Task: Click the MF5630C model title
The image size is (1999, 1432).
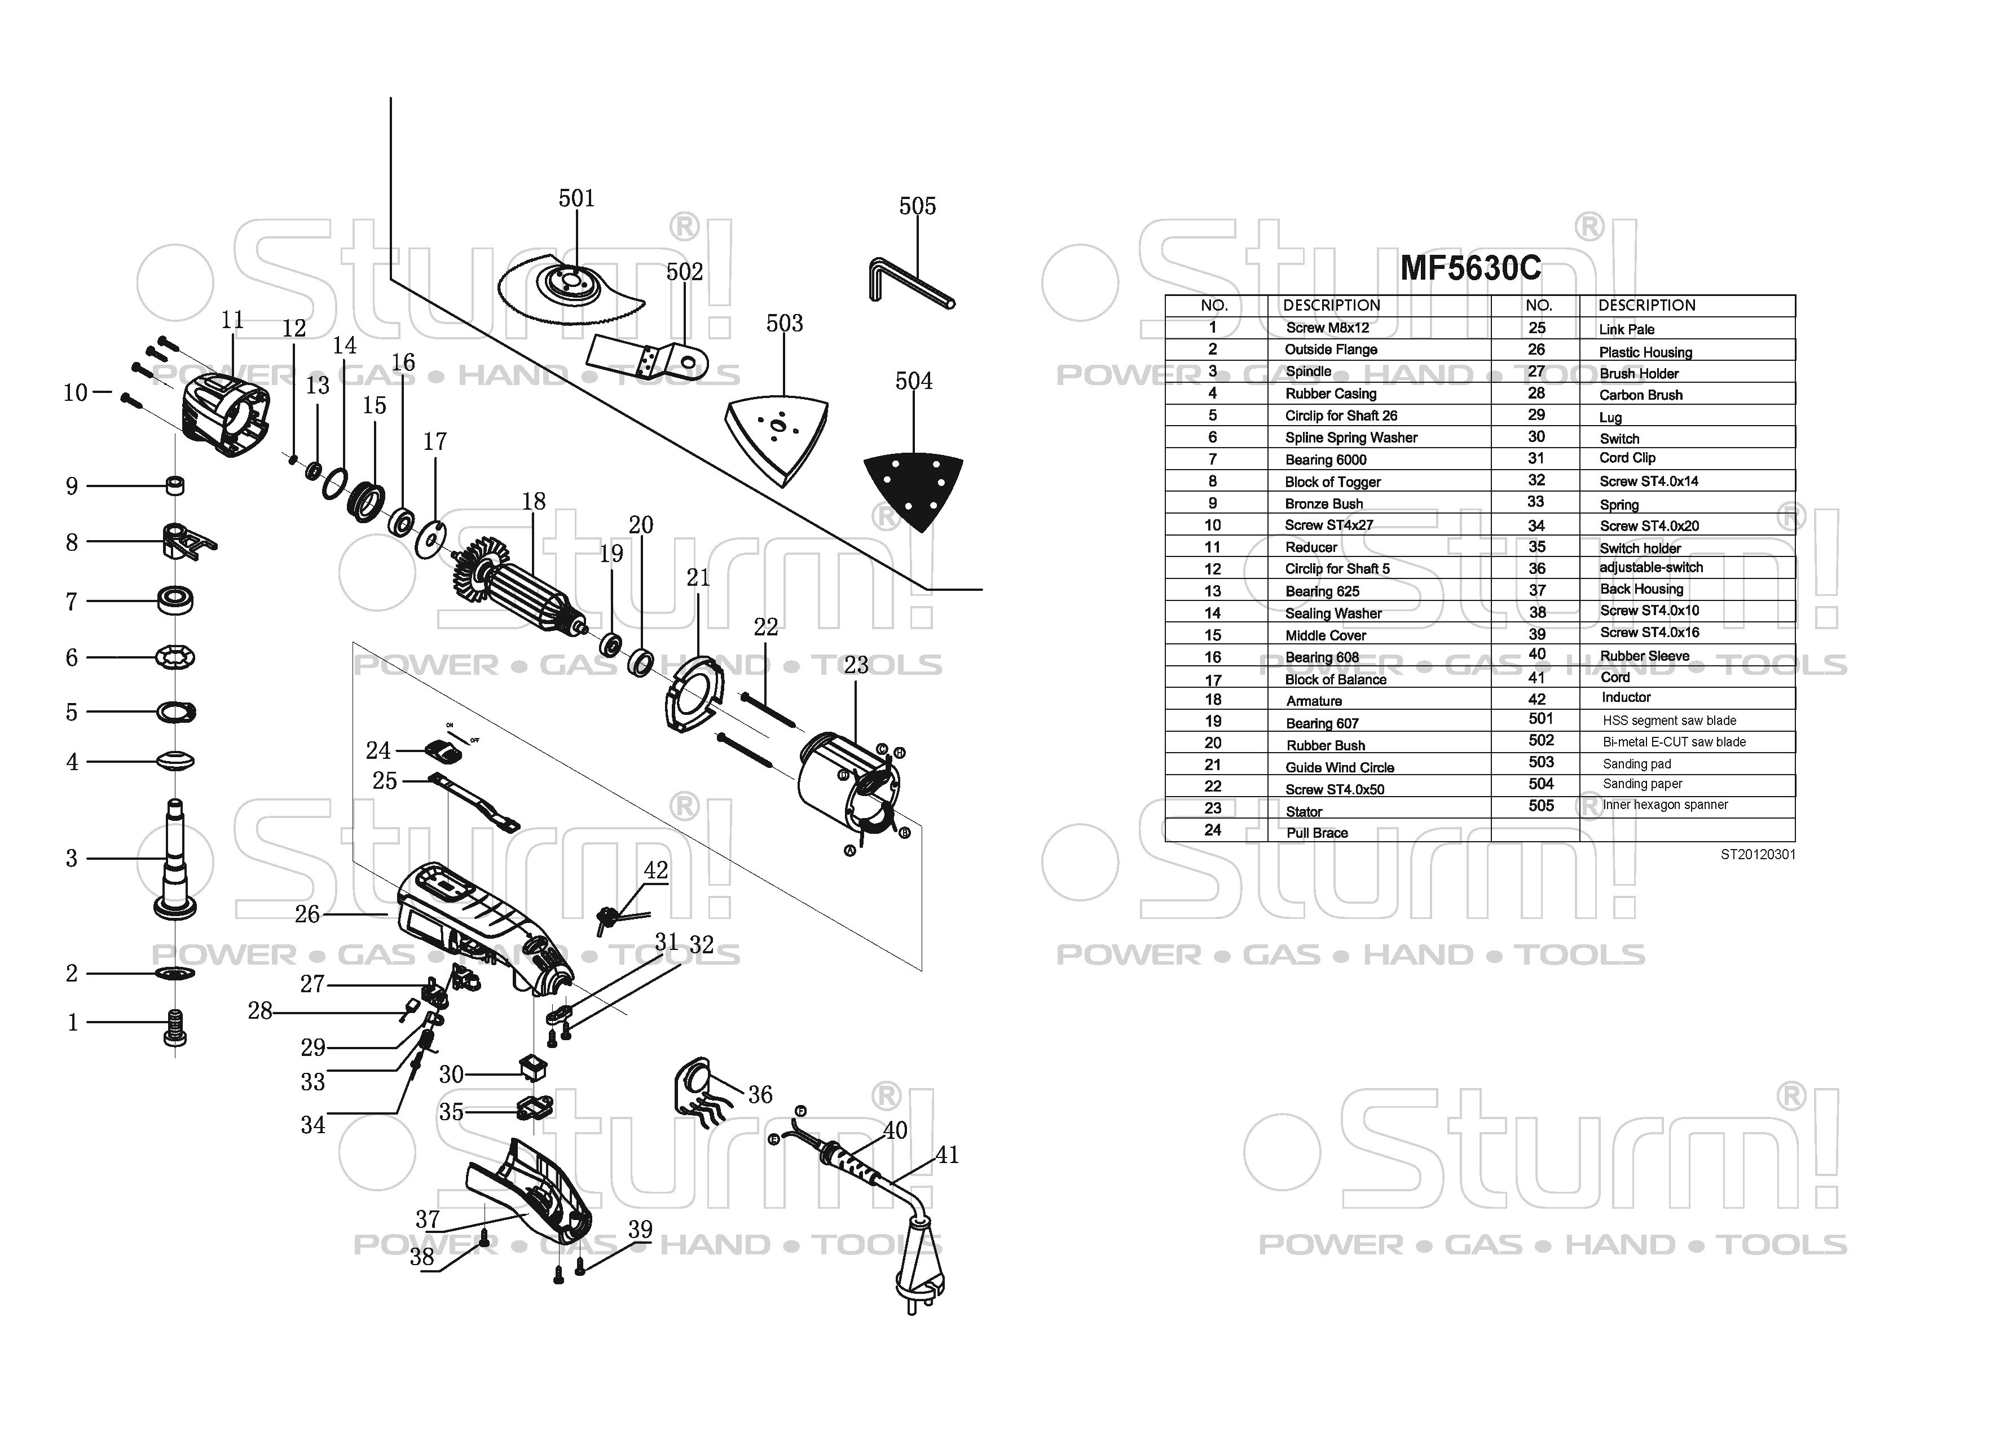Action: (1470, 268)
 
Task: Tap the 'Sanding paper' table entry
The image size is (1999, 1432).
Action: (1642, 784)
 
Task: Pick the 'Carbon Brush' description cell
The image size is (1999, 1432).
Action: (1640, 395)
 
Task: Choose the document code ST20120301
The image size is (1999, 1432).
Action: (1758, 855)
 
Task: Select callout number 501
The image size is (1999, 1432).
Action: (576, 198)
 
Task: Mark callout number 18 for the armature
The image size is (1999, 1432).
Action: (533, 501)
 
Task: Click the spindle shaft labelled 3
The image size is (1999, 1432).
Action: (175, 859)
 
